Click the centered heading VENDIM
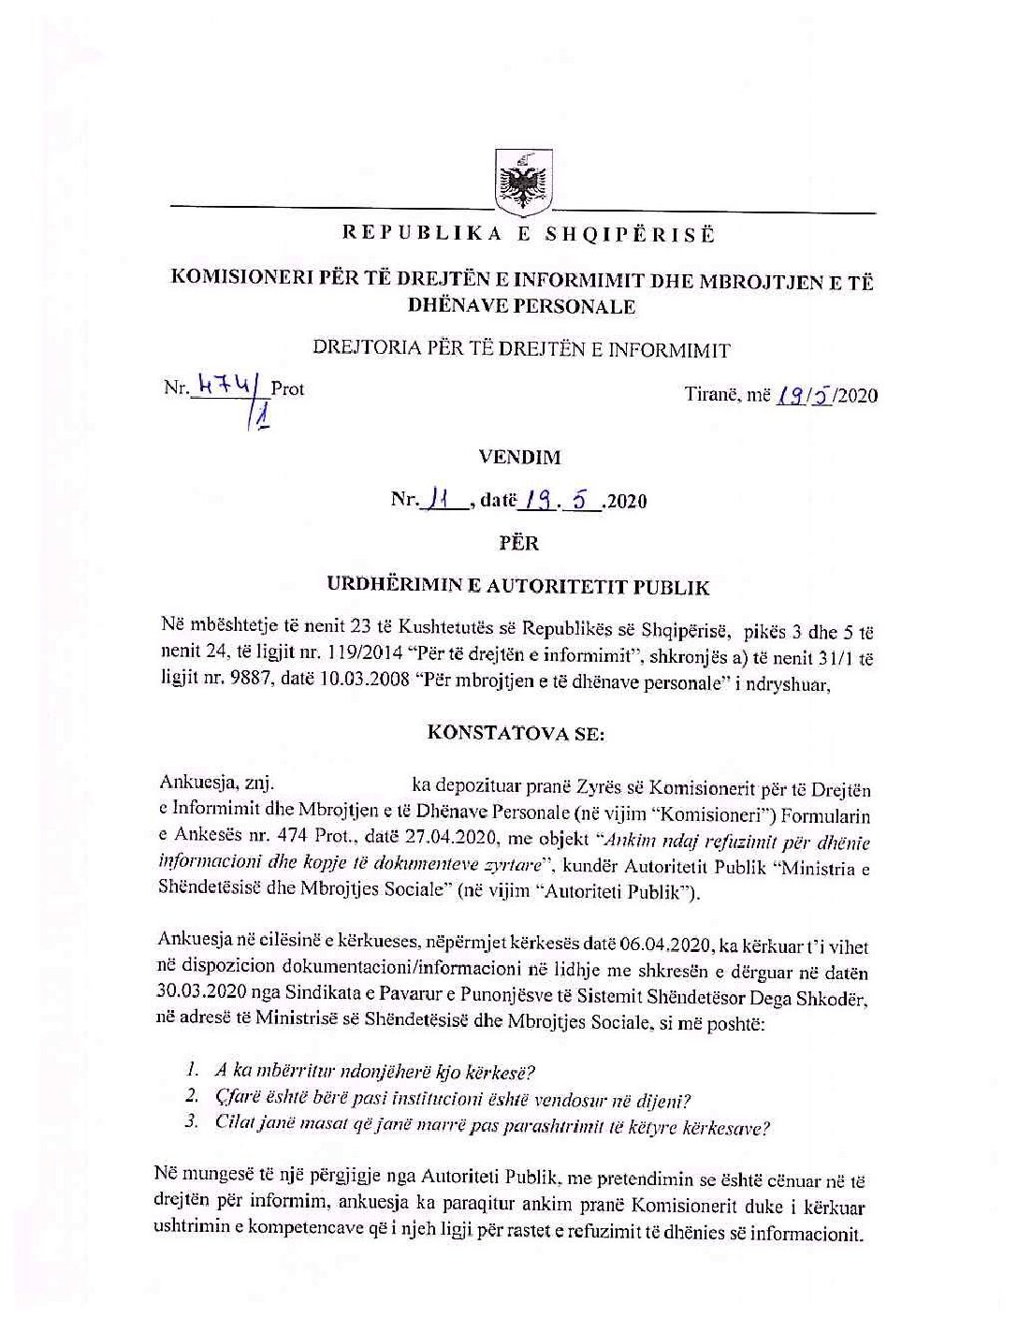(x=519, y=458)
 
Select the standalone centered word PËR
(x=520, y=543)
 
